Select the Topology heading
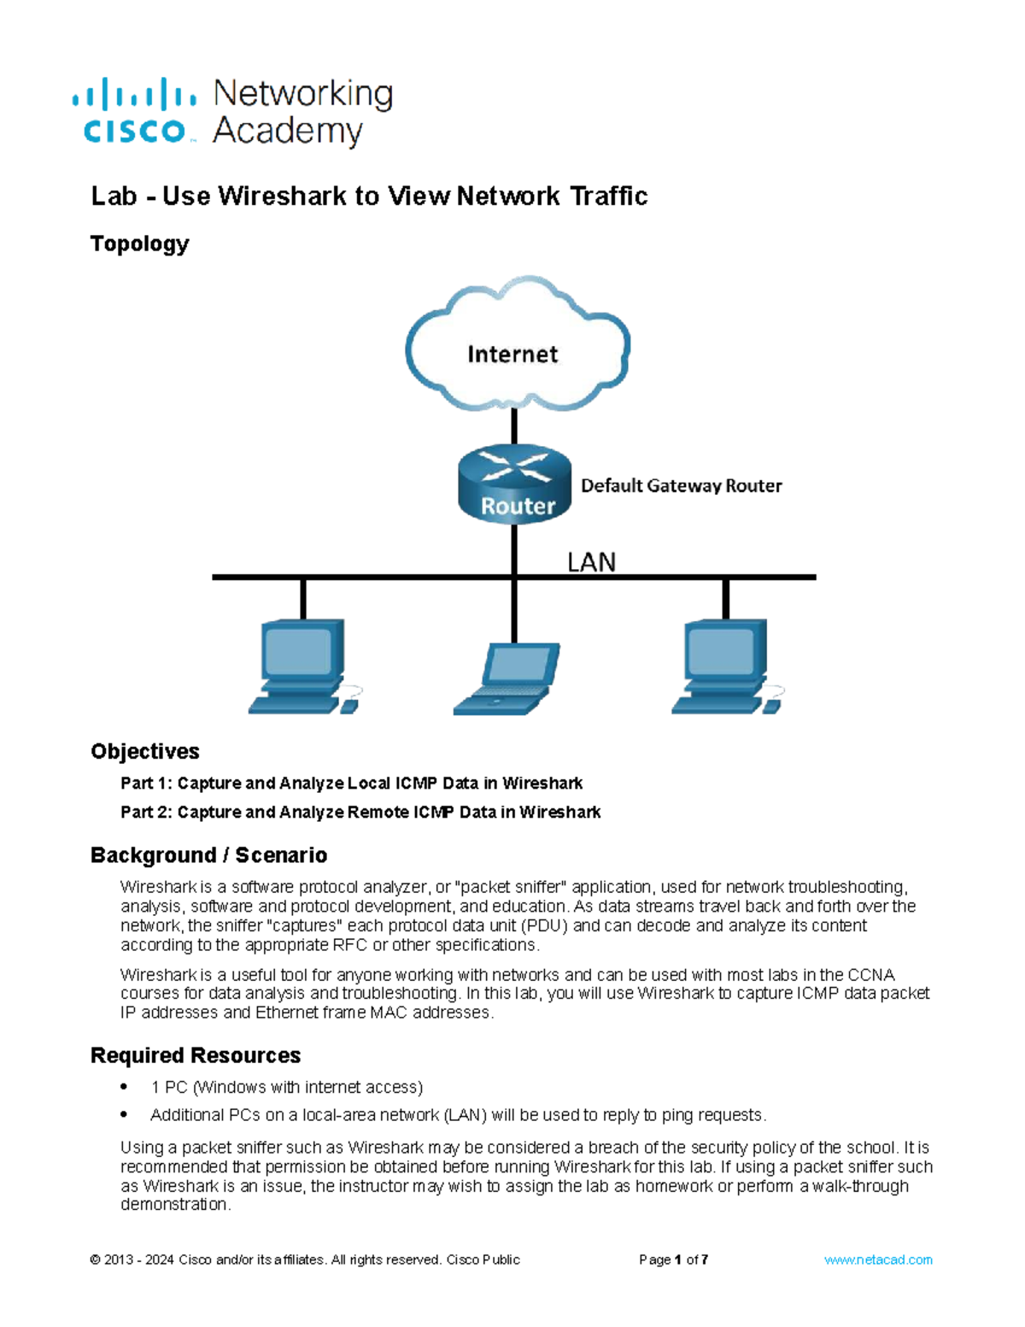(x=139, y=244)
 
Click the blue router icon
(x=514, y=484)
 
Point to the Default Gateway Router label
(x=681, y=486)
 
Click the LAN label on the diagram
(x=591, y=562)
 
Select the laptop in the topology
(x=507, y=679)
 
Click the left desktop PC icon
(x=301, y=667)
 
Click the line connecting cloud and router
(x=514, y=426)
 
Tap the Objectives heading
(x=144, y=751)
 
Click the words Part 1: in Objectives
(x=146, y=784)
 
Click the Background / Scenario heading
(x=208, y=855)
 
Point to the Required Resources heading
(x=195, y=1055)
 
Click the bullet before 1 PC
(x=125, y=1087)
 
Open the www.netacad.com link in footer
(x=877, y=1259)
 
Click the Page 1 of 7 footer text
(x=673, y=1259)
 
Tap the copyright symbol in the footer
(x=95, y=1260)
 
